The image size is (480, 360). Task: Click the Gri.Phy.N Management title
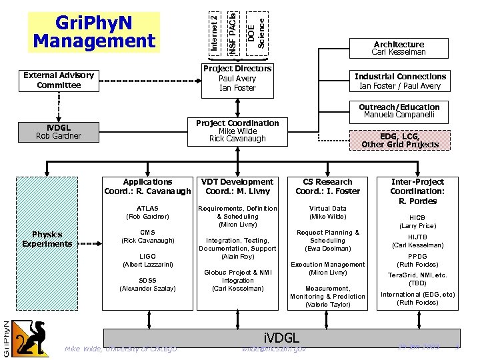click(x=94, y=33)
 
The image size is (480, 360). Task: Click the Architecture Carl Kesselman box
click(x=398, y=48)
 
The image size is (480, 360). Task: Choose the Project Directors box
click(x=237, y=78)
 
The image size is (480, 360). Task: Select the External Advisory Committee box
click(x=59, y=80)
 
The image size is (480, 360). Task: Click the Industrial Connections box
click(x=400, y=81)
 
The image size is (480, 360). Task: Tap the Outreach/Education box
click(x=399, y=111)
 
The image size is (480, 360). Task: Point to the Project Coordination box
click(x=237, y=131)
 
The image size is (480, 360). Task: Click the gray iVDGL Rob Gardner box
click(x=59, y=131)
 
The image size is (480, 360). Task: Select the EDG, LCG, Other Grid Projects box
click(x=400, y=140)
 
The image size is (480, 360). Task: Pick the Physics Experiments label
click(x=47, y=239)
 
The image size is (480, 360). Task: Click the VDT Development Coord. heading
click(x=237, y=186)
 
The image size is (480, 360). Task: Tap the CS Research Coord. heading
click(x=327, y=186)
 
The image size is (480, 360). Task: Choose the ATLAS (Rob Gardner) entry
click(x=147, y=212)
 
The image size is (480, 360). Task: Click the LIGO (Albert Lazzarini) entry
click(x=147, y=260)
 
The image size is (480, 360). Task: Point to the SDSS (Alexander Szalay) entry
click(x=147, y=284)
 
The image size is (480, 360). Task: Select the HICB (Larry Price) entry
click(x=417, y=221)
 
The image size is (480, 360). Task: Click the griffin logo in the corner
click(x=29, y=337)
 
